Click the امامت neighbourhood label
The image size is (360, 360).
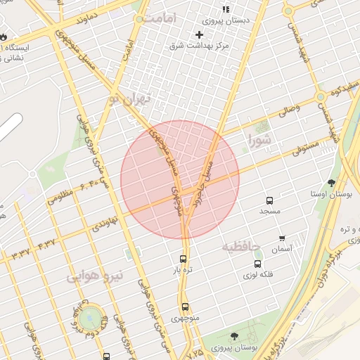coord(161,18)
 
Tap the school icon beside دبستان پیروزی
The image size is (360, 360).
coord(226,10)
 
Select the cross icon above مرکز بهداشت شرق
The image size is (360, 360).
coord(199,34)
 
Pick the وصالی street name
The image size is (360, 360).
coord(289,110)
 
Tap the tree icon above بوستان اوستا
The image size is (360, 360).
coord(332,183)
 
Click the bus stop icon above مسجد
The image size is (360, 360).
coord(269,200)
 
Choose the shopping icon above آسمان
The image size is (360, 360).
coord(282,238)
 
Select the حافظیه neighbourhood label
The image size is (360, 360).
coord(241,247)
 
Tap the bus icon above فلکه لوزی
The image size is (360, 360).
coord(257,264)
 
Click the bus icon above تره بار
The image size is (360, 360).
coord(184,258)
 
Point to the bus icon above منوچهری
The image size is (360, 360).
coord(185,307)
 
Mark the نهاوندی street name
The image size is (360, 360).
coord(105,223)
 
